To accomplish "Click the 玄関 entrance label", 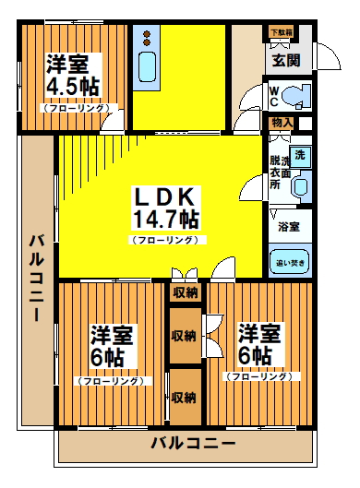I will pos(286,61).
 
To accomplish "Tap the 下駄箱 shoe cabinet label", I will pos(282,33).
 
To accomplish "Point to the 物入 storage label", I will pos(282,123).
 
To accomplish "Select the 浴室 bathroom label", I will pos(288,225).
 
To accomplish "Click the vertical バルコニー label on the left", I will pos(37,276).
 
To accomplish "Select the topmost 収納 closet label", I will pos(184,292).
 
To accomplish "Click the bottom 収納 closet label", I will pos(184,398).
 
